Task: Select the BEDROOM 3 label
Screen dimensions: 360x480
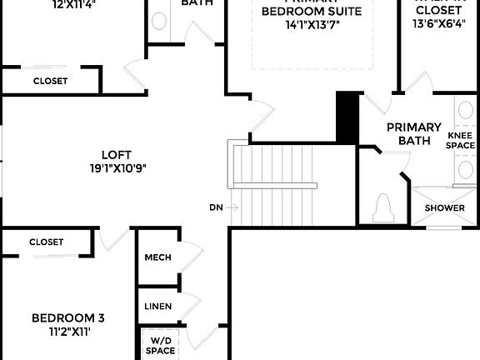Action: pyautogui.click(x=68, y=317)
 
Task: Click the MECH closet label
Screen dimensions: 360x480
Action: pyautogui.click(x=157, y=257)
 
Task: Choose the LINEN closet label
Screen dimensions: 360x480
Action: pyautogui.click(x=157, y=307)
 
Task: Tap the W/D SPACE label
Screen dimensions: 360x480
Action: pyautogui.click(x=162, y=346)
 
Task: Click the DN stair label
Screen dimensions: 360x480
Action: pyautogui.click(x=216, y=207)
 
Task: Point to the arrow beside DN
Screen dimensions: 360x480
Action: pyautogui.click(x=233, y=207)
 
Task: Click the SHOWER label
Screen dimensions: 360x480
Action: pyautogui.click(x=443, y=207)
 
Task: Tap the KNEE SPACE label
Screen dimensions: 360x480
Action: pyautogui.click(x=461, y=140)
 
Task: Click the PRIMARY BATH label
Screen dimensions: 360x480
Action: pyautogui.click(x=413, y=133)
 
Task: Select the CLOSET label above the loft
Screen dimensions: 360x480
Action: pyautogui.click(x=50, y=81)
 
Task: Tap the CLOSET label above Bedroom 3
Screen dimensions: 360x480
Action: pyautogui.click(x=46, y=242)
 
